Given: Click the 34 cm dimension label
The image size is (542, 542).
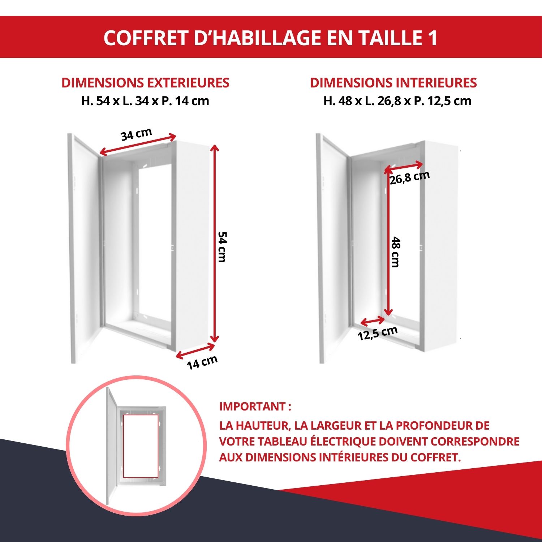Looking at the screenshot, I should coord(136,134).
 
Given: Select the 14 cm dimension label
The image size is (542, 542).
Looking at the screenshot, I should coord(202,362).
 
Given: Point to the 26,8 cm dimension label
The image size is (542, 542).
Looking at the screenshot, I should coord(410,177).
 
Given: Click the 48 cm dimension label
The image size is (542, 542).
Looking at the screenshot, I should coord(396,252).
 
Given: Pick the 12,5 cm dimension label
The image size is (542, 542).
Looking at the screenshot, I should coord(378,333).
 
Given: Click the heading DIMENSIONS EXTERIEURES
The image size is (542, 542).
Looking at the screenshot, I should coord(145,83).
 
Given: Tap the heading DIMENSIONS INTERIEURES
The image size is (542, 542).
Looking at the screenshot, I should coord(393,83).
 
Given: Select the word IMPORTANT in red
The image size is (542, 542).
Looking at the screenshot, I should coord(253,406).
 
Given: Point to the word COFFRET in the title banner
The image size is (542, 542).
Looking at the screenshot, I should coord(146,38).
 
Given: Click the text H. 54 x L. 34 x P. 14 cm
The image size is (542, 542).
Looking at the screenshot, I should coord(145,101).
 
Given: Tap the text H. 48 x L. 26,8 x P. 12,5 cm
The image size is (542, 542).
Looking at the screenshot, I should coord(397,101).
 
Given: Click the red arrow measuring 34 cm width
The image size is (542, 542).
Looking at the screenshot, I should coord(138,145).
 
